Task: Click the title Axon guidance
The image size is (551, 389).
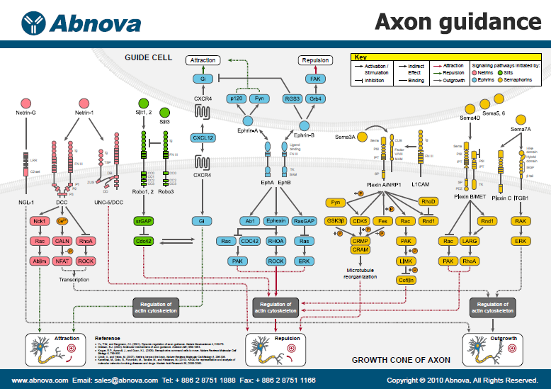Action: (x=458, y=22)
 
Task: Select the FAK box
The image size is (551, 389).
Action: (x=315, y=79)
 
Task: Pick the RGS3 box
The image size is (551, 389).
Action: (x=291, y=98)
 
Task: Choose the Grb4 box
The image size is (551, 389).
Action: (x=317, y=98)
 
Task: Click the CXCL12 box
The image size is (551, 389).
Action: (x=203, y=137)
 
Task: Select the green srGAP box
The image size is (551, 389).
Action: (x=144, y=222)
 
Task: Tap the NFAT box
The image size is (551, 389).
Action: (x=63, y=261)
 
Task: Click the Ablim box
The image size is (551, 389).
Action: (x=38, y=261)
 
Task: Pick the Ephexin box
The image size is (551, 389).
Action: (x=275, y=222)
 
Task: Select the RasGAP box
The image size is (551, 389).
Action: (x=305, y=222)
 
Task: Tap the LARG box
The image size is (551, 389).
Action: (x=471, y=242)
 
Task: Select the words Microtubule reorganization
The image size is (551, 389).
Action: (x=360, y=274)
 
